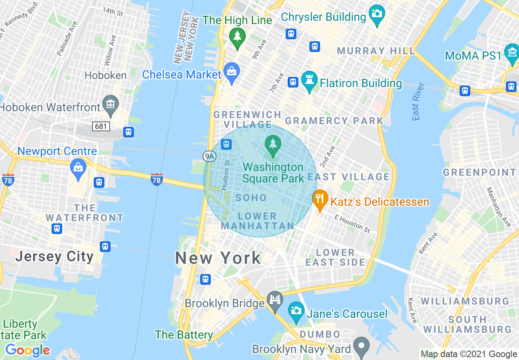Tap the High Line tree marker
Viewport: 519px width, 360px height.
coord(237,37)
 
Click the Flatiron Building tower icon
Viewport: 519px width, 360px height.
coord(309,80)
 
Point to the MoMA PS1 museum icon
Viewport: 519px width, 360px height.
coord(512,53)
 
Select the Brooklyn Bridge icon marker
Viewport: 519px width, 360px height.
coord(275,300)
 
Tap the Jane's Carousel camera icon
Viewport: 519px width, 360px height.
coord(296,311)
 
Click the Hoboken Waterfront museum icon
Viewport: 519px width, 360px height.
coord(110,104)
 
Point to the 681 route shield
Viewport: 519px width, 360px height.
coord(101,126)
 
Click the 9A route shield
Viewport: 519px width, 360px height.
coord(209,156)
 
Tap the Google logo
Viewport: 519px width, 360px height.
coord(27,350)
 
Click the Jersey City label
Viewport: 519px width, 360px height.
coord(54,256)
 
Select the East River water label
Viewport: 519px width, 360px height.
coord(418,101)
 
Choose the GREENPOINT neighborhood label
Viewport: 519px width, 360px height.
coord(480,172)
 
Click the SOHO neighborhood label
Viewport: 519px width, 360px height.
coord(251,198)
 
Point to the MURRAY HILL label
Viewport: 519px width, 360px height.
coord(376,51)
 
